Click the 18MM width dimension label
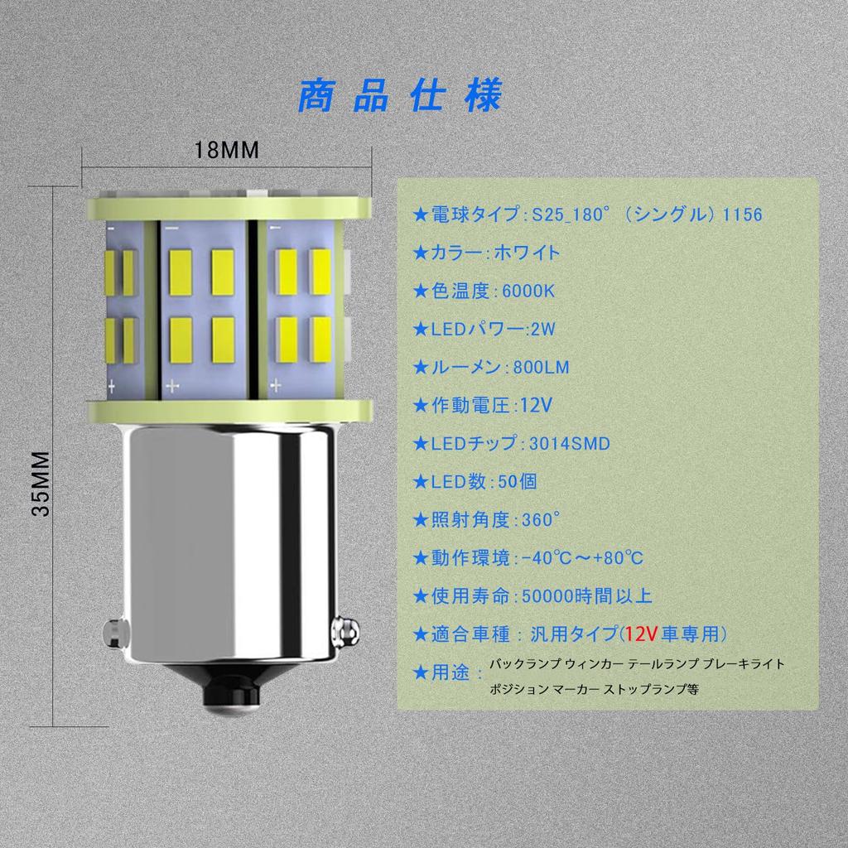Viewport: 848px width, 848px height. pos(227,150)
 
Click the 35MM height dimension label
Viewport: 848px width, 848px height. pos(41,484)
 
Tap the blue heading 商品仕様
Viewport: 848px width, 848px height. pos(400,96)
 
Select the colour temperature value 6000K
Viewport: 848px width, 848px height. pos(528,291)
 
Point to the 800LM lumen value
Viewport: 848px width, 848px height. pos(541,368)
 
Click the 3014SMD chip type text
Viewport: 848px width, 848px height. pos(570,444)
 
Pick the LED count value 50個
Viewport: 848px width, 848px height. pos(517,482)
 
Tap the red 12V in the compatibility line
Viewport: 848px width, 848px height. pos(641,634)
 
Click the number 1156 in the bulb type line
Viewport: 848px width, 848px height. pos(743,214)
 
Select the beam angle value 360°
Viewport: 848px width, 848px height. pos(541,520)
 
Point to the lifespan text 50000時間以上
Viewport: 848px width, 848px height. pos(587,596)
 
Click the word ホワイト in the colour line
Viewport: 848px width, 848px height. pos(527,253)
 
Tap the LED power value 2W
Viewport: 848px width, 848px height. pos(543,330)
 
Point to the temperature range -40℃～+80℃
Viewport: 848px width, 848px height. pos(582,558)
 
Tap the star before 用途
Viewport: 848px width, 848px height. pos(420,672)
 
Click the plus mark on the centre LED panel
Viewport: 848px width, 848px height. pos(172,386)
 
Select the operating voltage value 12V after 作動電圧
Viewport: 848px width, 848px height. pos(536,406)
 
